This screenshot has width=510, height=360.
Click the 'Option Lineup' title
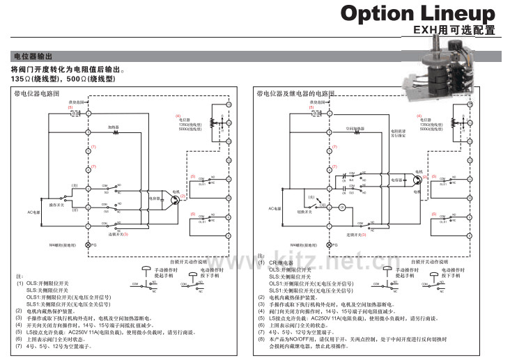tap(417, 13)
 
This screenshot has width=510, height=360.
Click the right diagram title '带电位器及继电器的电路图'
tap(296, 93)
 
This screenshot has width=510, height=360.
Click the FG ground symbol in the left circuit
tap(88, 245)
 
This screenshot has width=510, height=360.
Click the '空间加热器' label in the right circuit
tap(355, 127)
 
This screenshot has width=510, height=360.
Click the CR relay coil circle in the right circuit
tap(342, 208)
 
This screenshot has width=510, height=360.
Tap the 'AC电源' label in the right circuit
tap(275, 208)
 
